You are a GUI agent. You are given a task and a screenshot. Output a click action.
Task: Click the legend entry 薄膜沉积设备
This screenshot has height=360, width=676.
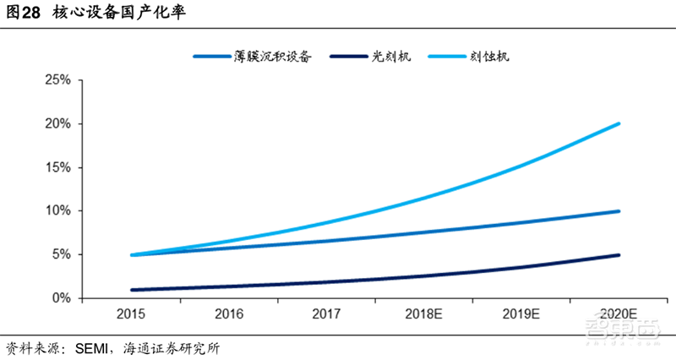(272, 57)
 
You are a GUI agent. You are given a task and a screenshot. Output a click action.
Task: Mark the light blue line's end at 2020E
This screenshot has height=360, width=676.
(619, 123)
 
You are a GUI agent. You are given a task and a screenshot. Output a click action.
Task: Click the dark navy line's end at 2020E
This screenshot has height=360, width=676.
(619, 254)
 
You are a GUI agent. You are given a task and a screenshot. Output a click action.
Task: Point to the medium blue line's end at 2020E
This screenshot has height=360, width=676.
(619, 211)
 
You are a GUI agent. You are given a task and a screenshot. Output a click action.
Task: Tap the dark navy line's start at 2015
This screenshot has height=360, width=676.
(134, 289)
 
